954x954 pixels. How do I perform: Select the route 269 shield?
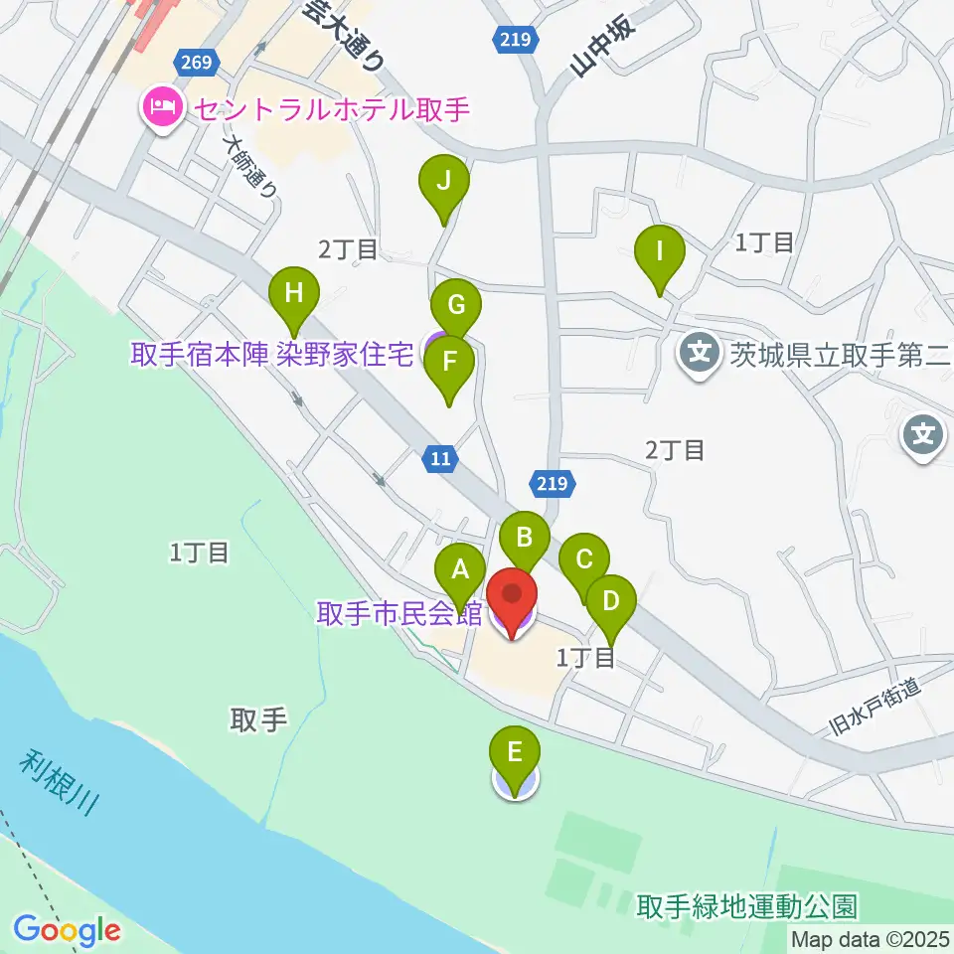(x=197, y=63)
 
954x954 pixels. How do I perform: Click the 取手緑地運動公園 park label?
(x=746, y=906)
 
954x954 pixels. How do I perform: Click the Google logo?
(x=67, y=931)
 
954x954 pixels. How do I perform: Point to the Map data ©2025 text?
(x=871, y=938)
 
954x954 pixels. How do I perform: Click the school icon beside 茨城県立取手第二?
(x=702, y=351)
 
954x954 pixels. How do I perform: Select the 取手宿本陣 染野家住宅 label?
(x=271, y=355)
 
